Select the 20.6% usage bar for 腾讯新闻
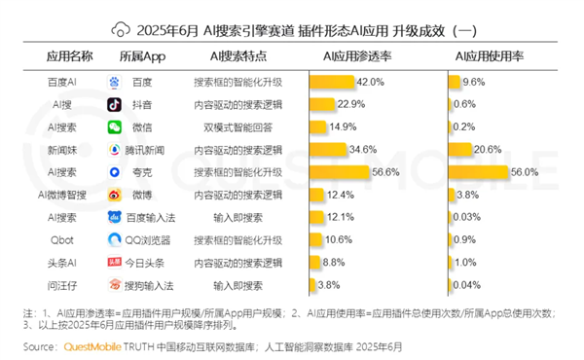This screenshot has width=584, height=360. point(461,150)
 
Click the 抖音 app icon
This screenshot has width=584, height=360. point(115,105)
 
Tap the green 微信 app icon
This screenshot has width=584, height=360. point(115,127)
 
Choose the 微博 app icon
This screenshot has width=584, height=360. point(115,195)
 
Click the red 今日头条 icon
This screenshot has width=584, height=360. point(115,262)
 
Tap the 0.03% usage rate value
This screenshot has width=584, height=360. point(472,217)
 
